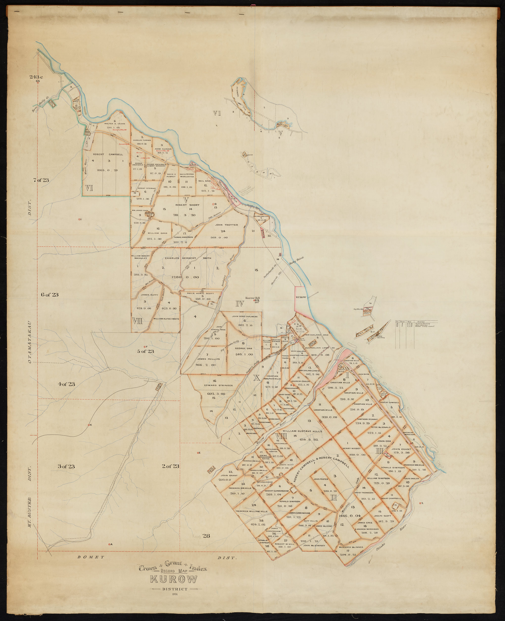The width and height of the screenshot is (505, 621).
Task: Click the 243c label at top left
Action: click(36, 77)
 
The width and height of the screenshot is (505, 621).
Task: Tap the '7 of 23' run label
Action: click(41, 180)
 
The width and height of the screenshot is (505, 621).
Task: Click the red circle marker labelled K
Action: click(88, 425)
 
